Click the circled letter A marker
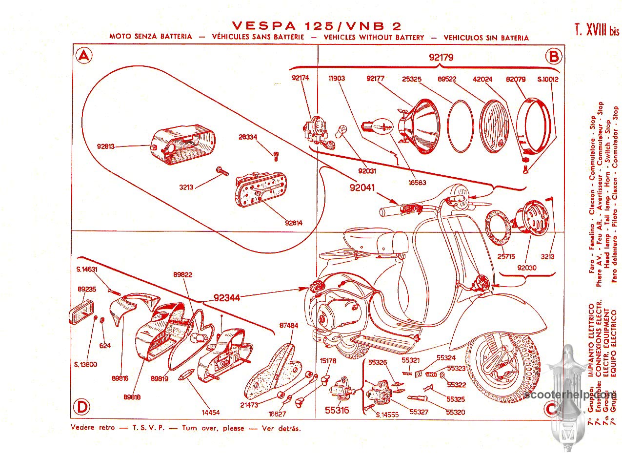pos(84,57)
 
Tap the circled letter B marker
pos(554,57)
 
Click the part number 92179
pos(441,57)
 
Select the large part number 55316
pos(337,410)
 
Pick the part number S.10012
pos(547,79)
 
